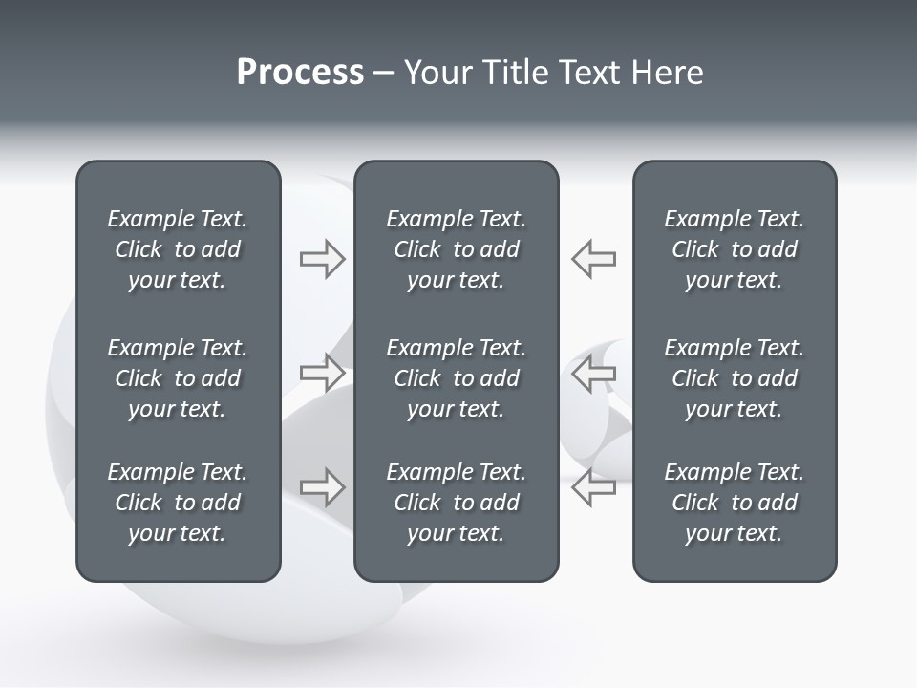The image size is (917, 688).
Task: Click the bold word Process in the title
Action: point(300,73)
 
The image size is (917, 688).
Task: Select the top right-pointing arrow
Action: point(323,259)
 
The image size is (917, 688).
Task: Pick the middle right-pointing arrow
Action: point(323,373)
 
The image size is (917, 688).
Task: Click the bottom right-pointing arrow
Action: point(323,487)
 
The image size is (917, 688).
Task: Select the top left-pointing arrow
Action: point(594,259)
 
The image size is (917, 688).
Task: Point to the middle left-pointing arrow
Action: point(594,373)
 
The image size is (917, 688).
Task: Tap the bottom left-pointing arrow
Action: point(594,487)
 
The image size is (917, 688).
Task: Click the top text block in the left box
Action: point(178,249)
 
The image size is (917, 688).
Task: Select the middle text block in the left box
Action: point(178,378)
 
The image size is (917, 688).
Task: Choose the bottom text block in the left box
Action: point(178,503)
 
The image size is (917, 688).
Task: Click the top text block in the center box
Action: point(456,249)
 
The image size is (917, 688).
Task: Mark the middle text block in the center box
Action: point(456,378)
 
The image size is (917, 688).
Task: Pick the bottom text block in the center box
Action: point(456,503)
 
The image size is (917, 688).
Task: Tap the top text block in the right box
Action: point(734,249)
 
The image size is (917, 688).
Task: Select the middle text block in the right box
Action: point(734,378)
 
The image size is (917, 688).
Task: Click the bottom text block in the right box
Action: point(734,503)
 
